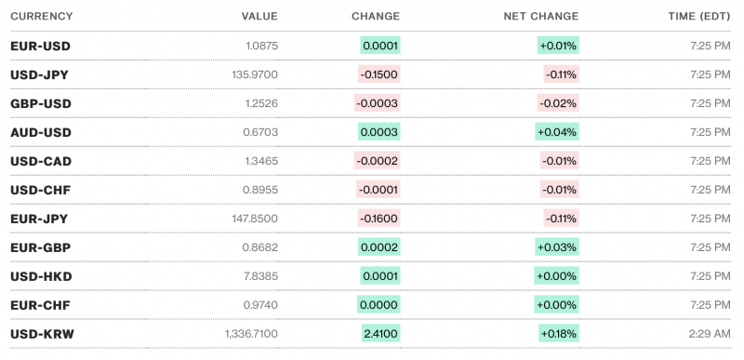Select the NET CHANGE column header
tap(540, 16)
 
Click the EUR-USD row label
tap(40, 46)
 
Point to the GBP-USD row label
tap(41, 103)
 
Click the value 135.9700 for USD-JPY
tap(252, 74)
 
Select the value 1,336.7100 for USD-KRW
tap(251, 333)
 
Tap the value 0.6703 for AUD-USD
tap(259, 132)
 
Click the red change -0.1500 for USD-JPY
tap(379, 74)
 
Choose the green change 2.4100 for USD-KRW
tap(381, 333)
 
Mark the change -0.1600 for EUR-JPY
tap(379, 219)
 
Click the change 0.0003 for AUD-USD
tap(380, 132)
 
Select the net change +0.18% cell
tap(558, 333)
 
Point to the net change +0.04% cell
tap(557, 132)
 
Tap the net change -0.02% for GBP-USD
tap(559, 103)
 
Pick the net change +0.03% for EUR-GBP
tap(557, 247)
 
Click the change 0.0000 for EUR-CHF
tap(380, 305)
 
